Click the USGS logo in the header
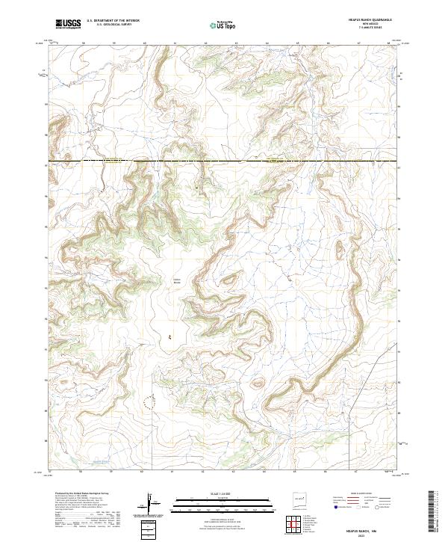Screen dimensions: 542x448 [68, 24]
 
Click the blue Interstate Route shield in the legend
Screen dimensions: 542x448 [335, 506]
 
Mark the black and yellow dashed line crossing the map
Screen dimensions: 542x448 [224, 161]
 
